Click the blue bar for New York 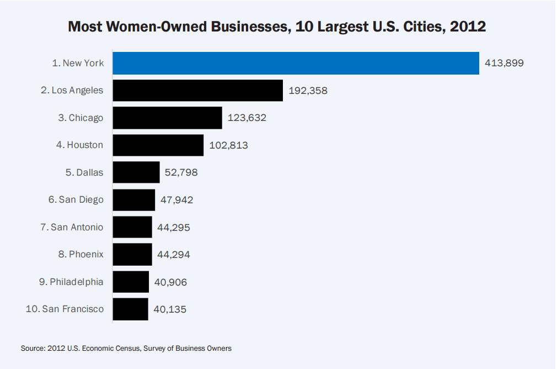click(296, 63)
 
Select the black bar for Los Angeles click(197, 90)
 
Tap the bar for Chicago click(167, 118)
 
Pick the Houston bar click(158, 145)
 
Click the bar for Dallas click(136, 172)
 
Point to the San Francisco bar click(130, 309)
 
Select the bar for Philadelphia click(131, 282)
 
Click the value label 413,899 click(504, 63)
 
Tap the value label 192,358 click(308, 91)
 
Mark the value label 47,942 click(177, 200)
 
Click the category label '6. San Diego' click(76, 199)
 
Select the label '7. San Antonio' click(72, 227)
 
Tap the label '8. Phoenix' click(80, 254)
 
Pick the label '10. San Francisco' click(65, 309)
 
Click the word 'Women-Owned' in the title click(159, 27)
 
